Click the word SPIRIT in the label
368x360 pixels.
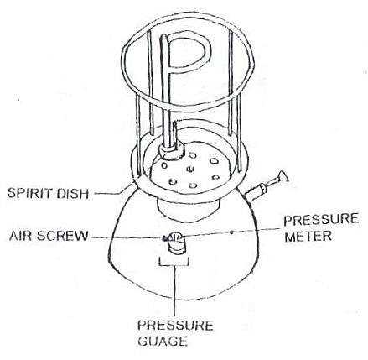tap(30, 193)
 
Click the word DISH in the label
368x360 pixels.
tap(73, 194)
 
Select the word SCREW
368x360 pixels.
tap(62, 236)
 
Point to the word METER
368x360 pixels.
tap(308, 237)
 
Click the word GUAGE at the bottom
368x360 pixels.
tap(163, 341)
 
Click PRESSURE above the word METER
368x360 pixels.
tap(321, 220)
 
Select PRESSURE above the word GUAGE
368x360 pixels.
tap(175, 326)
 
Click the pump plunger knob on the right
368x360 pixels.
tap(282, 177)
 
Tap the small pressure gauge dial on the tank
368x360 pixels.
tap(176, 238)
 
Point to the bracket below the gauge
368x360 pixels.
tap(174, 262)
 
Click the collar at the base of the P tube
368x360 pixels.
tap(171, 152)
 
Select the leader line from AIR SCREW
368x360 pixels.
tap(127, 238)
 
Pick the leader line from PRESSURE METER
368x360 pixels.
tap(232, 232)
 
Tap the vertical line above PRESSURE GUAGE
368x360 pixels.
tap(174, 290)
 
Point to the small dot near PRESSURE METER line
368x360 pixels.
tap(231, 232)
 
